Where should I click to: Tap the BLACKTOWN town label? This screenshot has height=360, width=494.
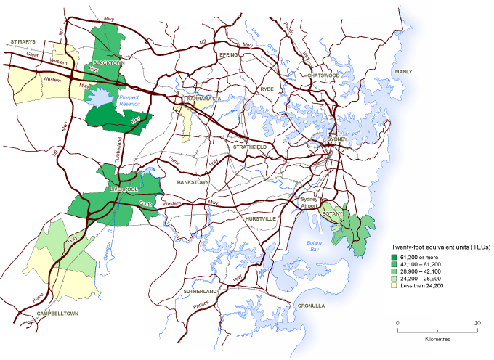tap(107, 63)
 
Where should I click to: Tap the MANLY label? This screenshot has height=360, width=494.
tap(402, 72)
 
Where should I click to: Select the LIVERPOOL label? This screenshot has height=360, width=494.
tap(123, 189)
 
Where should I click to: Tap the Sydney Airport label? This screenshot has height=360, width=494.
tap(311, 202)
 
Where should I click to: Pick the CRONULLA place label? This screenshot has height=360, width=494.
tap(311, 306)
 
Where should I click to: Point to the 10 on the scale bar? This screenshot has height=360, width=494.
tap(476, 322)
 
